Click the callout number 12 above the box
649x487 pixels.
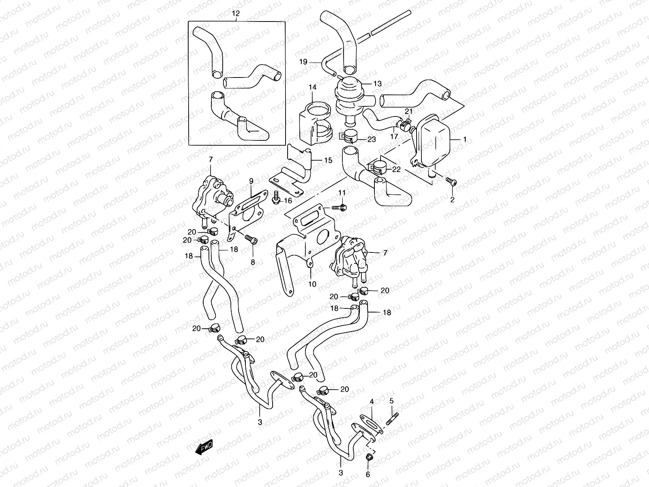click(x=236, y=13)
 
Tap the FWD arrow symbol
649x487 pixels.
click(x=204, y=447)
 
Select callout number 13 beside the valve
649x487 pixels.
click(x=378, y=84)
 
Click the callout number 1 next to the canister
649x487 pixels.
click(x=464, y=139)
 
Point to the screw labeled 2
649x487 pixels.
click(x=451, y=182)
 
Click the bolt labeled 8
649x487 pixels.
click(x=251, y=240)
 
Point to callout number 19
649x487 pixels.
click(x=304, y=62)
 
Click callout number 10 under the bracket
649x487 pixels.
click(x=312, y=284)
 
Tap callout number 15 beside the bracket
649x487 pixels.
click(x=328, y=160)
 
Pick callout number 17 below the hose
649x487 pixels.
click(x=394, y=137)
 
